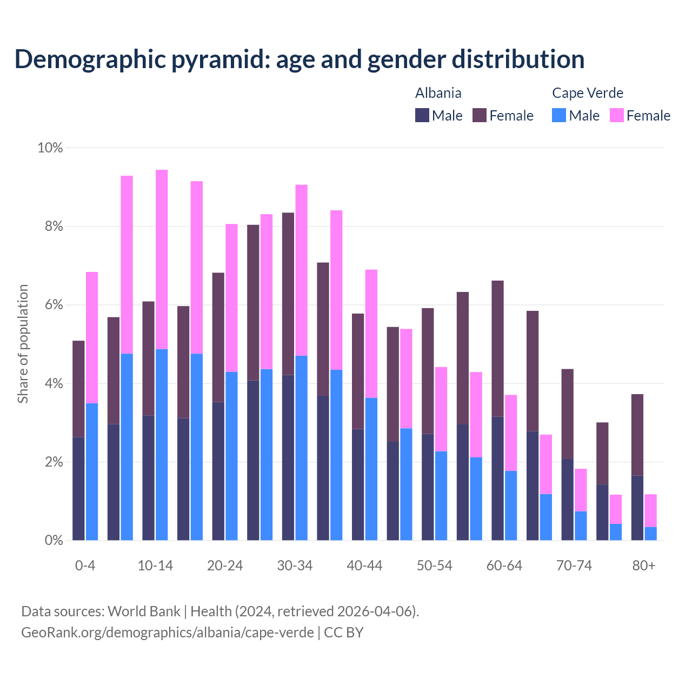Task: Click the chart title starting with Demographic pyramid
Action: click(x=300, y=59)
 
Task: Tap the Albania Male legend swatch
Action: click(x=422, y=115)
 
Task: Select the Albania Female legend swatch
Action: click(x=480, y=115)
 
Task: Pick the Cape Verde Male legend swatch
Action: click(x=559, y=115)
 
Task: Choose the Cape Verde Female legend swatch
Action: click(x=617, y=115)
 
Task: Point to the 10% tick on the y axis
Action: click(x=50, y=148)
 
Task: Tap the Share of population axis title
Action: click(x=23, y=344)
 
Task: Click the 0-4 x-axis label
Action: click(x=85, y=565)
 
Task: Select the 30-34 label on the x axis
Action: click(x=295, y=565)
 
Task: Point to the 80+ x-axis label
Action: click(x=644, y=565)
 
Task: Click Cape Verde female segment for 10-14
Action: click(x=162, y=259)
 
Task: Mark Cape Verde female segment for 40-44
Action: click(x=371, y=334)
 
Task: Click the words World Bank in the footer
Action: click(x=144, y=611)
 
